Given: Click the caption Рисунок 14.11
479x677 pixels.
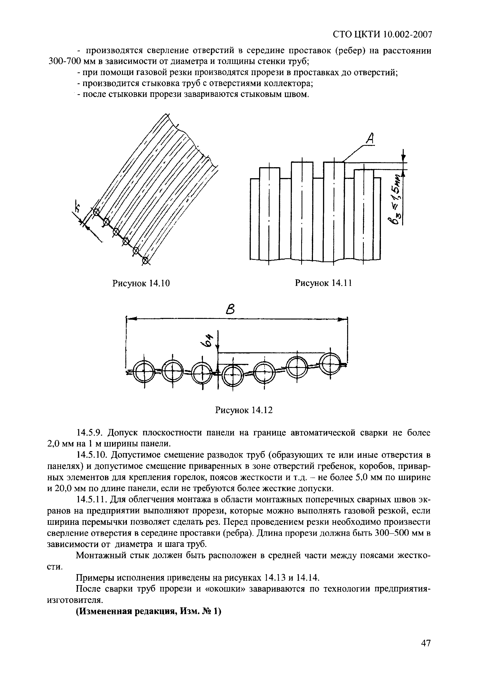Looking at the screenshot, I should [x=323, y=283].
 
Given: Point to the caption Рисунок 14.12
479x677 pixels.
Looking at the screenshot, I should [x=244, y=410].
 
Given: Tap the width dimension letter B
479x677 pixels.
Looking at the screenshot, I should [x=231, y=310].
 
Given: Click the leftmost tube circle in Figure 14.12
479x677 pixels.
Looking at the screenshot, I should [x=145, y=372].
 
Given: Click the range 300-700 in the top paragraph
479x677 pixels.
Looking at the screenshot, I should [x=64, y=62].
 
